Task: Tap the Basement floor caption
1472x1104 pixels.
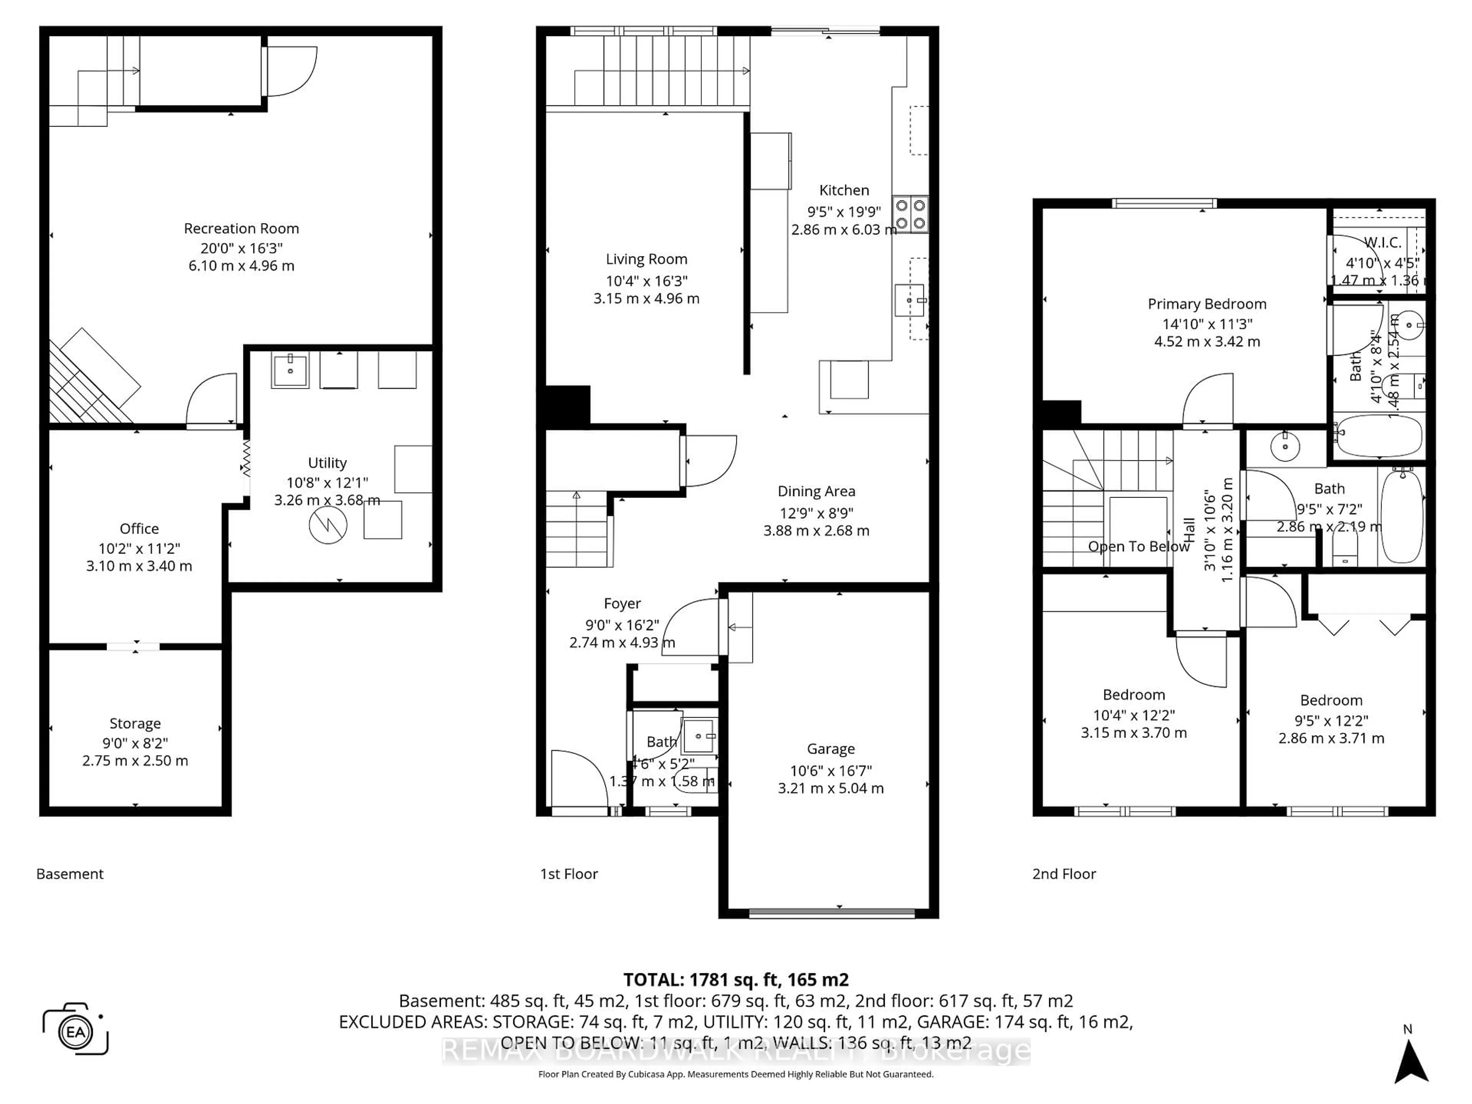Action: pos(70,874)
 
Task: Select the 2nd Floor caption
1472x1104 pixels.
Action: pos(1063,874)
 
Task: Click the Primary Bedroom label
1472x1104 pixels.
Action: pos(1206,304)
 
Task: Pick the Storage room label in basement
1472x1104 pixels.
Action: pos(135,723)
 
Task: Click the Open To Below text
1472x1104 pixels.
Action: pos(1138,546)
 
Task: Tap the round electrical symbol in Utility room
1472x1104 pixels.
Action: pos(328,526)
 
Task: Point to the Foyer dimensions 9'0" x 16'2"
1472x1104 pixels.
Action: pos(621,625)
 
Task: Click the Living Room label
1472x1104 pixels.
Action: pos(646,259)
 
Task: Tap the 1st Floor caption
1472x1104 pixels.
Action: pos(568,874)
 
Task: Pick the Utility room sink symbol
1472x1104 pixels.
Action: pos(290,370)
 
